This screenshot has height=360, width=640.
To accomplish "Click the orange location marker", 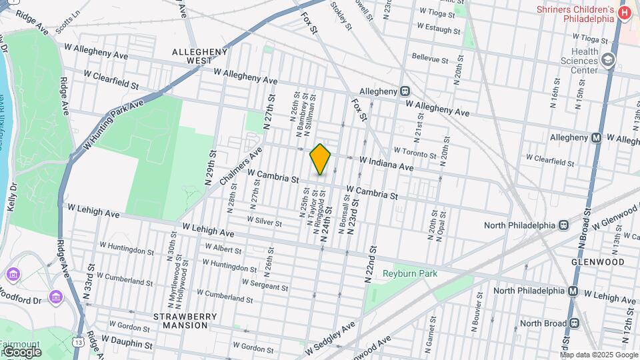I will [x=320, y=159].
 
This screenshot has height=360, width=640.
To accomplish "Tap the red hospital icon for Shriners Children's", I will [x=624, y=13].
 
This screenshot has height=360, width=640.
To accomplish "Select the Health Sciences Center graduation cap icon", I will [x=607, y=61].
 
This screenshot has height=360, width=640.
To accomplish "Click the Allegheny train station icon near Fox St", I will [x=405, y=91].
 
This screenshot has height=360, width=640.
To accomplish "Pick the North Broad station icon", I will [x=573, y=323].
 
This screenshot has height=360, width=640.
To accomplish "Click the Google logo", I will [x=21, y=352].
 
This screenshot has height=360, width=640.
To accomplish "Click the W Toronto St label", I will [x=415, y=151].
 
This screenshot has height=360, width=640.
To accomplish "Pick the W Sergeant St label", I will [x=265, y=284].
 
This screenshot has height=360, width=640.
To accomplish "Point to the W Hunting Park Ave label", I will [x=111, y=125].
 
